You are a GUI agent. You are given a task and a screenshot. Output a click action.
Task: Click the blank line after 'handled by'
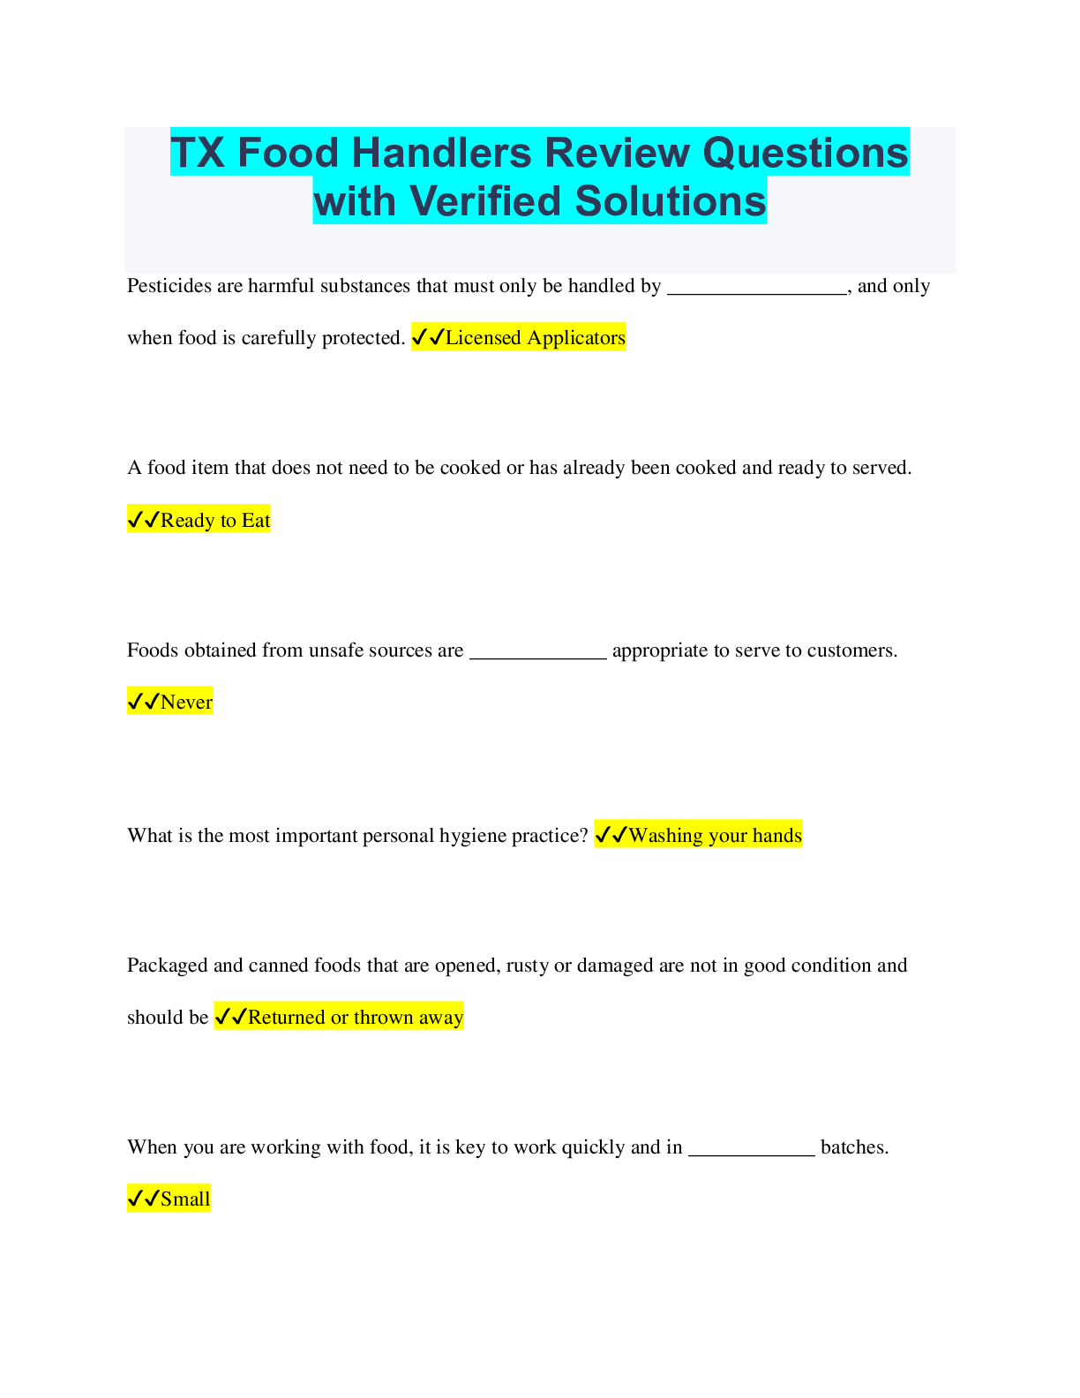[757, 294]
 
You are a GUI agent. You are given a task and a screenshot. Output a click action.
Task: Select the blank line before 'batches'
[752, 1155]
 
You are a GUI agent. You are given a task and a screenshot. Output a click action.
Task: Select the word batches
[855, 1147]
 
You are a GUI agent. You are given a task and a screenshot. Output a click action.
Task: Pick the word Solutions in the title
[671, 201]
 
